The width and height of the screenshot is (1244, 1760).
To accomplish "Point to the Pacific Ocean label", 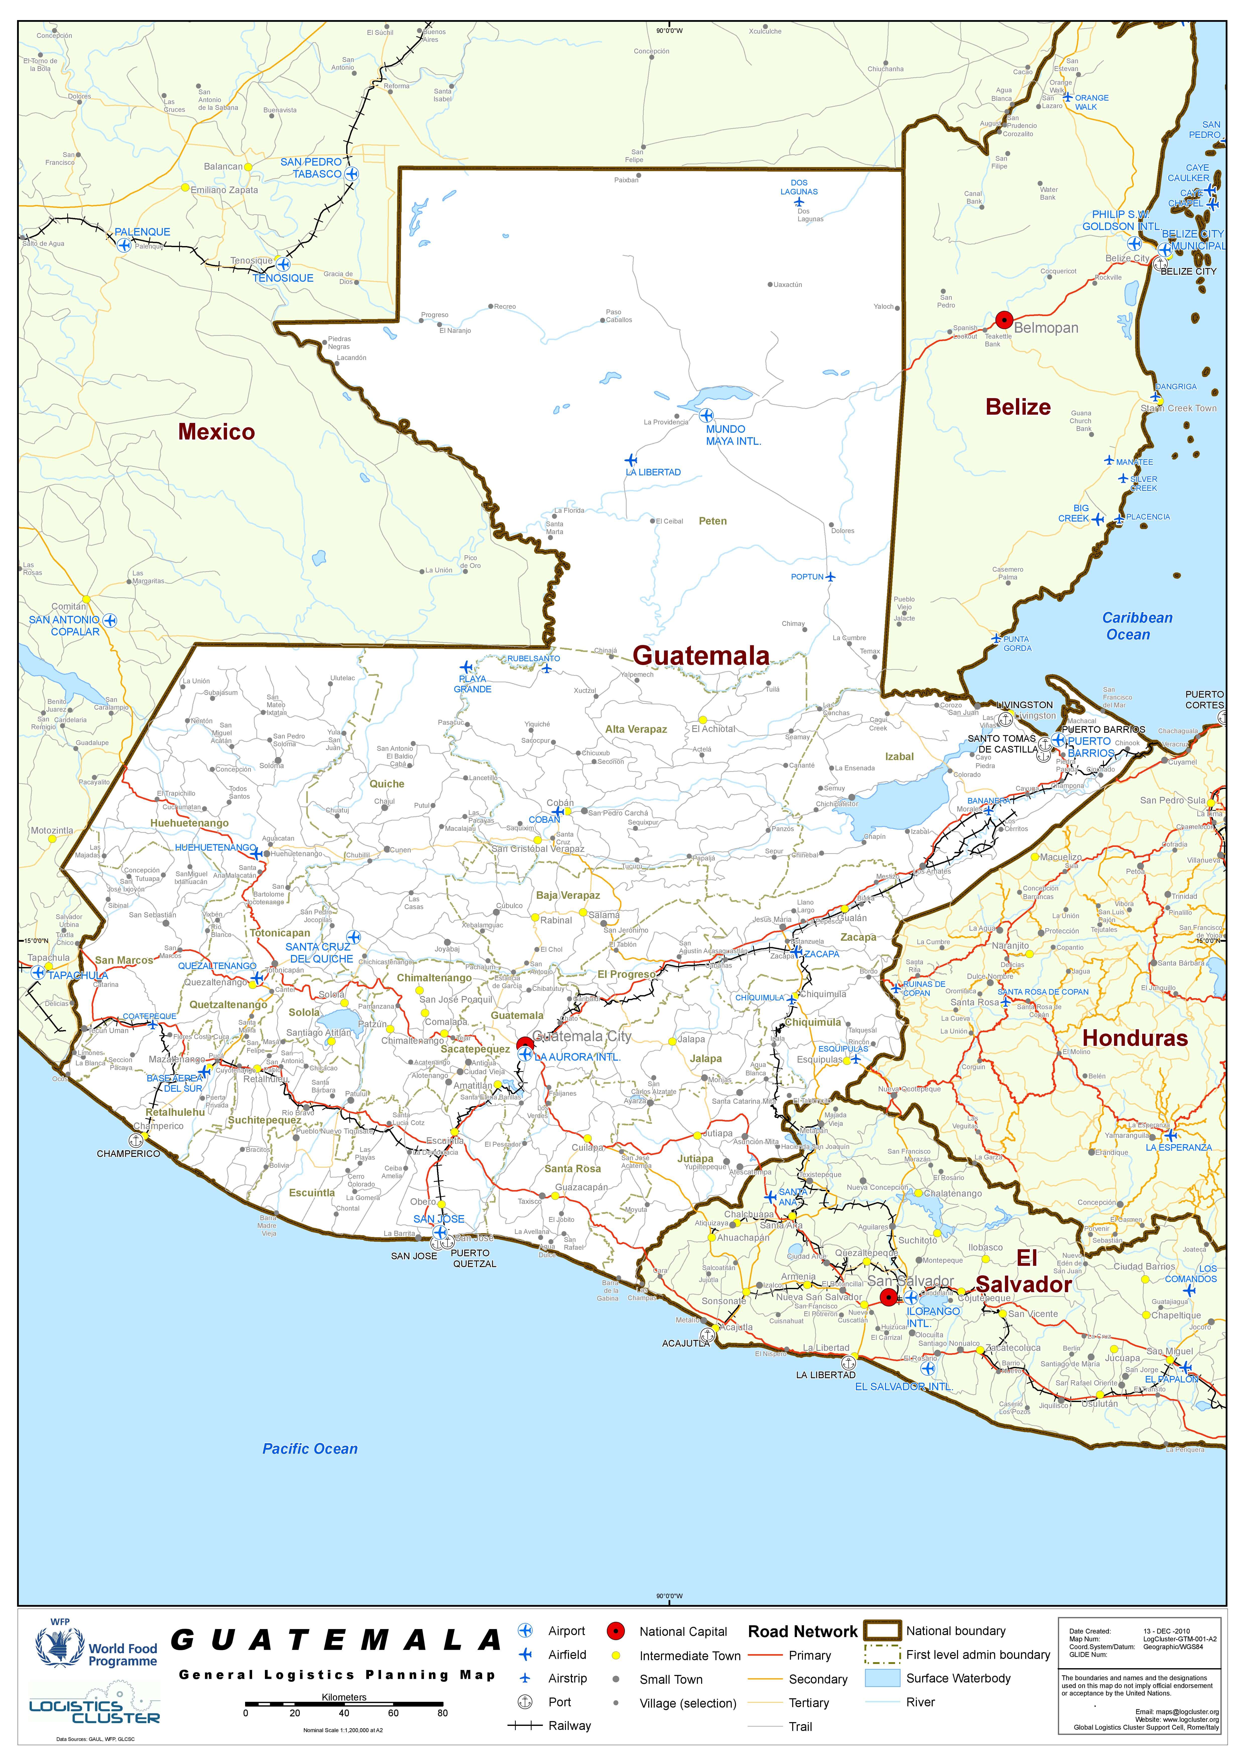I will pyautogui.click(x=310, y=1448).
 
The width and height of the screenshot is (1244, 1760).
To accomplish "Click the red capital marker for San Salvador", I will pyautogui.click(x=888, y=1297).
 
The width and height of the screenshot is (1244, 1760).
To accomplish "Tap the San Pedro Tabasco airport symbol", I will pyautogui.click(x=351, y=174).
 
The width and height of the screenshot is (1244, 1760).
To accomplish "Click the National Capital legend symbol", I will pyautogui.click(x=616, y=1631).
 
